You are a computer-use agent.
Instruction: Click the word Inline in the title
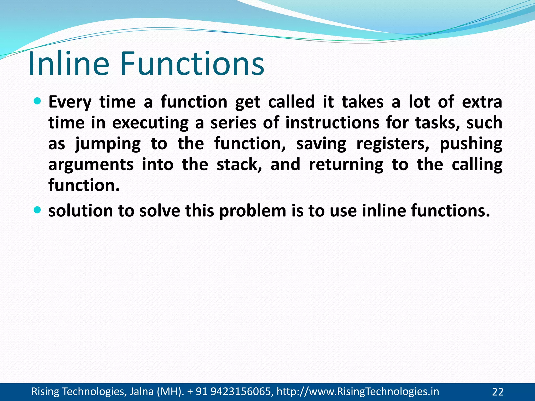68,64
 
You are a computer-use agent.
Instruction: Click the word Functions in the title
192,64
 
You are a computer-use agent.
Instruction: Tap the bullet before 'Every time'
38,101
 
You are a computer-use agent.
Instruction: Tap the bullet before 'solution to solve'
38,209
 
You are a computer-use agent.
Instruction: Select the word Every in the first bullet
70,102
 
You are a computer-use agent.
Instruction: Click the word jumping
108,144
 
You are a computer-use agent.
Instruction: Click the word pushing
471,144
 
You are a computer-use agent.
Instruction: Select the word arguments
91,165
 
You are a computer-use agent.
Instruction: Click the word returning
346,165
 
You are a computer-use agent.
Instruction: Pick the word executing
150,123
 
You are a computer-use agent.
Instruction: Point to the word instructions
332,123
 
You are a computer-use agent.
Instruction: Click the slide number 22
498,392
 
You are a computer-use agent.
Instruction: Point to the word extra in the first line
482,102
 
